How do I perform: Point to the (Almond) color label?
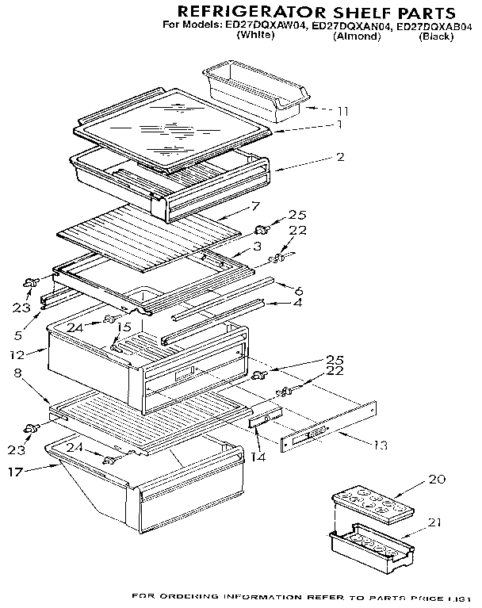coord(357,36)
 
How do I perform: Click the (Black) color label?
coord(436,36)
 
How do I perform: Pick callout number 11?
coord(342,110)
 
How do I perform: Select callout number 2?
coord(340,157)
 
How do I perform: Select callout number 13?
coord(381,445)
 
